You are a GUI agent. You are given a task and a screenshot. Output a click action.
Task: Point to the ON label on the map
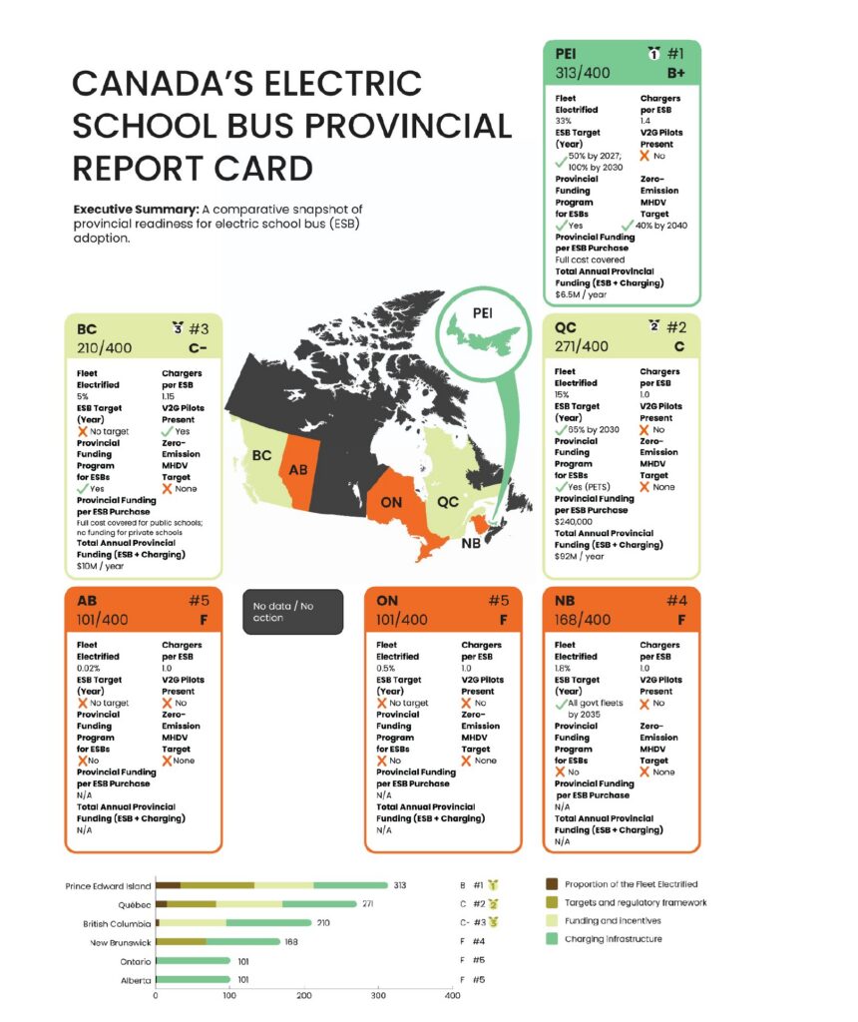[391, 501]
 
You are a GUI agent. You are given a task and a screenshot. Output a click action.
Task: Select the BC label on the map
[260, 455]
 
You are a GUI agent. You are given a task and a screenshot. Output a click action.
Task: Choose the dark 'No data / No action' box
[292, 612]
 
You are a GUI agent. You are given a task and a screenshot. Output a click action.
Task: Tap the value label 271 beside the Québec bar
[369, 903]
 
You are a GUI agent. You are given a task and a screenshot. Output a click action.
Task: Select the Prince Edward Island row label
[108, 885]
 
